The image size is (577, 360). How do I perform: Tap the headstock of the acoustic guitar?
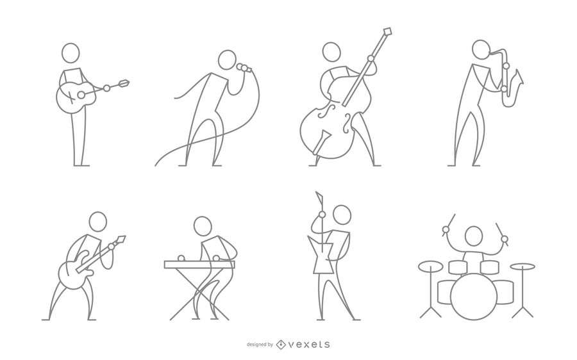[124, 83]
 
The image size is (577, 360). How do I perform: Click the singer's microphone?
[244, 68]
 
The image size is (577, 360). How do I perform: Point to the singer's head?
[227, 60]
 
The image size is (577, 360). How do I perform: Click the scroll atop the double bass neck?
[387, 31]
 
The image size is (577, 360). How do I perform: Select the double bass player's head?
[331, 52]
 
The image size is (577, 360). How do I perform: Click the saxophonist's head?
[481, 49]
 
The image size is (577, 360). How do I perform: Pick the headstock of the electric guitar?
[120, 240]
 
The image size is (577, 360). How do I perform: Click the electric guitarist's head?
[98, 222]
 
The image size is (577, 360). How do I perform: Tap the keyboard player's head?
[203, 226]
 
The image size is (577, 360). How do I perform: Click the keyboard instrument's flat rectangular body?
[199, 265]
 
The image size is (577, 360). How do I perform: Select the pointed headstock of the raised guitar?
[319, 199]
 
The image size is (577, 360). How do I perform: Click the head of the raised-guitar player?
[342, 215]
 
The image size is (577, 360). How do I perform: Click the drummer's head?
[474, 236]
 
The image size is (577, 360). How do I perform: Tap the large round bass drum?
[474, 297]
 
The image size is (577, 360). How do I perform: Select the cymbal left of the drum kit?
[431, 266]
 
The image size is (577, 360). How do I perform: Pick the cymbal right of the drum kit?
[523, 266]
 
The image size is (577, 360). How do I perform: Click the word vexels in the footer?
[309, 345]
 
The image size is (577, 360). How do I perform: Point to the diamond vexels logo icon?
[281, 345]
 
